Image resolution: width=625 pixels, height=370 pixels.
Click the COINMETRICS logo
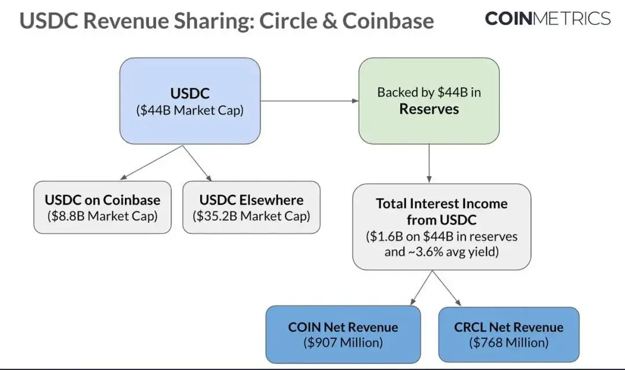(547, 19)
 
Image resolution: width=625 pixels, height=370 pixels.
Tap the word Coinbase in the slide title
(388, 21)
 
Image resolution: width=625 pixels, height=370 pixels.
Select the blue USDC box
(190, 101)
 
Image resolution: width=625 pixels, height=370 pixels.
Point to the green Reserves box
(429, 101)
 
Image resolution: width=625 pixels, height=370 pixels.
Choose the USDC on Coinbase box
(102, 207)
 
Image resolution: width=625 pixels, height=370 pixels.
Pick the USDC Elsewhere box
(251, 207)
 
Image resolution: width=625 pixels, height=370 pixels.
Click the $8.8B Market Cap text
(102, 217)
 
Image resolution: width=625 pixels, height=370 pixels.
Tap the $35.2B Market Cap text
(251, 217)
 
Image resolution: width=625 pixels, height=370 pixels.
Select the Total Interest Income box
(441, 226)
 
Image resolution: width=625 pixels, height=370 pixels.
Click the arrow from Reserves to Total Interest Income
(429, 163)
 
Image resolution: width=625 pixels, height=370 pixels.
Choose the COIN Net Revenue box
(343, 334)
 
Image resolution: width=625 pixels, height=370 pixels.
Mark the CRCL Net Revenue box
(509, 334)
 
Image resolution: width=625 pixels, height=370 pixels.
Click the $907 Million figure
(343, 342)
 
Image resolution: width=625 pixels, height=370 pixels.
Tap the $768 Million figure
(509, 342)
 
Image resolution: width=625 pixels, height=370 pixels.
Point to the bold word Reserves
(429, 109)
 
